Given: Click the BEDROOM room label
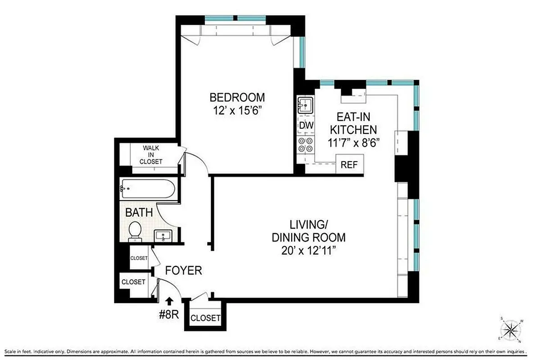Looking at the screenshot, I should (237, 97).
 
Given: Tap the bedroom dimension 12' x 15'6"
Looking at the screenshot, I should (237, 110).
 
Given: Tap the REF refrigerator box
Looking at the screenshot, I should (349, 164).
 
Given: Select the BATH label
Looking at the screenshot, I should (139, 212).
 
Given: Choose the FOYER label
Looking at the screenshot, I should (183, 270).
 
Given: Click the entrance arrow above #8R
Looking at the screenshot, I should (169, 300).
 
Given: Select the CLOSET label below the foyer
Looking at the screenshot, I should (206, 318).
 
